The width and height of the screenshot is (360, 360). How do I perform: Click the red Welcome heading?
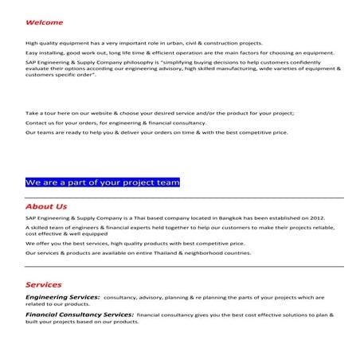click(x=44, y=22)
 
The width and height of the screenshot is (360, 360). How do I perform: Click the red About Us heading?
click(x=45, y=206)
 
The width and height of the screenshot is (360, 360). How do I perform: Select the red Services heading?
click(x=43, y=284)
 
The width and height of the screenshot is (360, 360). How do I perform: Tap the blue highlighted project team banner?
click(x=103, y=182)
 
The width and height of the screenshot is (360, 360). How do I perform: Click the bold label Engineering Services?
click(x=62, y=297)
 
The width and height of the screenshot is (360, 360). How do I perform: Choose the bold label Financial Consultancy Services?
click(x=79, y=315)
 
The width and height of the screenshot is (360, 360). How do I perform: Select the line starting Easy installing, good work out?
click(x=180, y=53)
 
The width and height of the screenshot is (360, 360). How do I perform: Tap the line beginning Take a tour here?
click(x=159, y=113)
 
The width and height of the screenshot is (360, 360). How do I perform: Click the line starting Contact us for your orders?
click(x=116, y=123)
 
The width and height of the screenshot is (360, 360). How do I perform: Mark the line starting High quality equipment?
click(x=144, y=43)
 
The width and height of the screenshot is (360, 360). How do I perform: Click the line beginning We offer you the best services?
click(x=135, y=244)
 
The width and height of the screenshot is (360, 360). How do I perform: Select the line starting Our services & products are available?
click(x=138, y=253)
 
